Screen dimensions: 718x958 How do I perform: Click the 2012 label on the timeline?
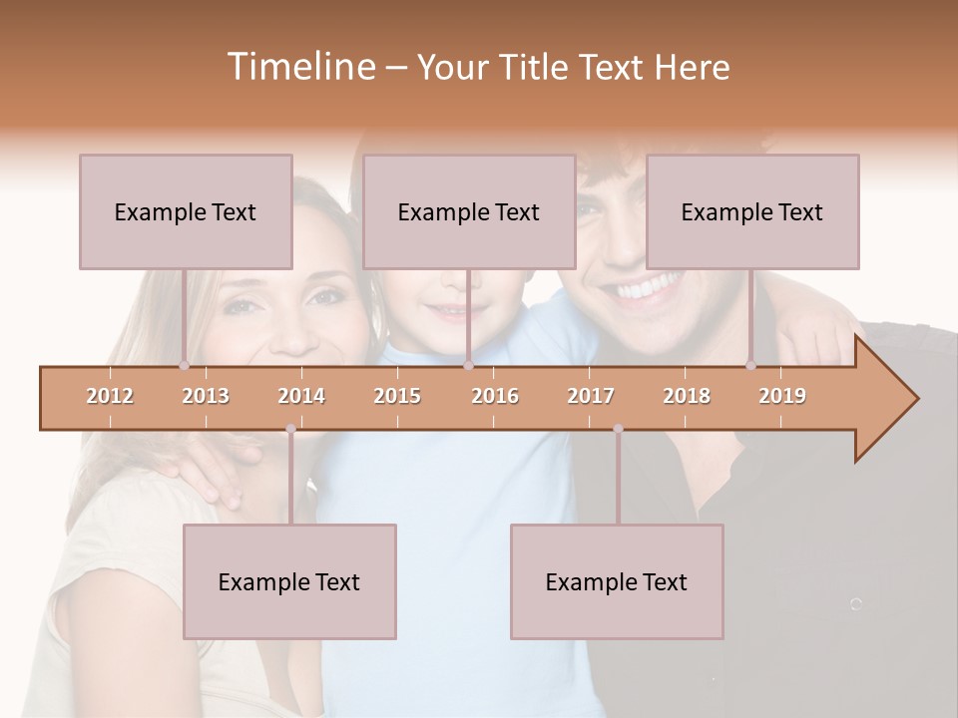click(x=110, y=396)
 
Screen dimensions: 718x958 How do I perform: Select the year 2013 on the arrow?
click(x=206, y=396)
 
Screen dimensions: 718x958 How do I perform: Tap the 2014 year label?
click(x=301, y=396)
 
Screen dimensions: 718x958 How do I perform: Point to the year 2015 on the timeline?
click(x=397, y=396)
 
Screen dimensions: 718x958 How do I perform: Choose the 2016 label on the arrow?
click(x=495, y=396)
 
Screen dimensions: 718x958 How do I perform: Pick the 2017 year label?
click(x=591, y=396)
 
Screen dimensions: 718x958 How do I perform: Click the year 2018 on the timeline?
click(x=687, y=396)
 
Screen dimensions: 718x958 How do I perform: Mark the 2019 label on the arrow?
click(x=782, y=396)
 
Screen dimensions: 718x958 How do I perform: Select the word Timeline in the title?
click(x=299, y=67)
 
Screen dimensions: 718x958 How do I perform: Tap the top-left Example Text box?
click(x=186, y=211)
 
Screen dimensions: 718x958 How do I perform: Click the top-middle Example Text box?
click(x=469, y=211)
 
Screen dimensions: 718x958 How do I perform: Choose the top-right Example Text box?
click(x=752, y=211)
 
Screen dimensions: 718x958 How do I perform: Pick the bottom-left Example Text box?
click(x=289, y=581)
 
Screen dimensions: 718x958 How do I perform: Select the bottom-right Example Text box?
click(x=617, y=581)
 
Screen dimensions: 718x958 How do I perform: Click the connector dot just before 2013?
click(x=184, y=365)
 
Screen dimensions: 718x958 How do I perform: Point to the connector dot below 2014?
click(x=290, y=429)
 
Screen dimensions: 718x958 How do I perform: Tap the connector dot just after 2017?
click(x=618, y=429)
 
